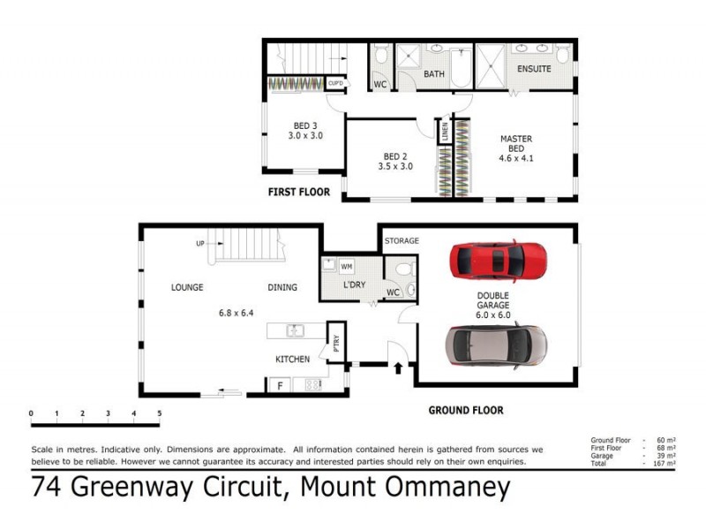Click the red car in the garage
498,261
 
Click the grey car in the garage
496,345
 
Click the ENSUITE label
534,68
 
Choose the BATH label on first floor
434,74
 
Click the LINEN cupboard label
445,132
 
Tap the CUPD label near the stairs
335,83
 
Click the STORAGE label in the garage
402,240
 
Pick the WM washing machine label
346,265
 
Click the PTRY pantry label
335,339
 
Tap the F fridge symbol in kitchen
281,385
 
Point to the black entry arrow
396,366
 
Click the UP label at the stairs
200,244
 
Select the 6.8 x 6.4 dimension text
235,313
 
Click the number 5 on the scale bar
160,413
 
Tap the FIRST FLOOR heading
299,192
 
